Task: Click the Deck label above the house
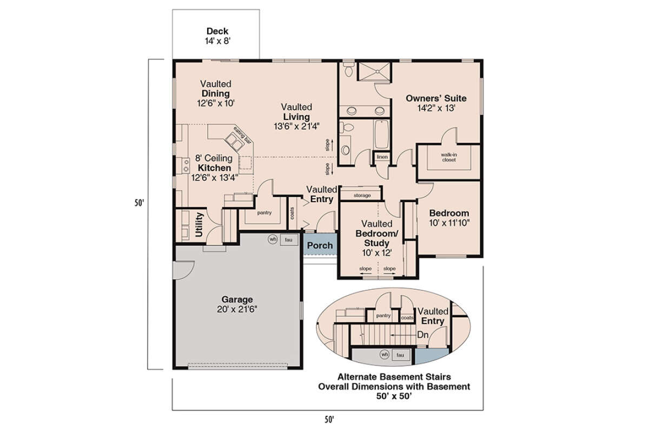pyautogui.click(x=217, y=31)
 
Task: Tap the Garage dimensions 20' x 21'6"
pyautogui.click(x=237, y=309)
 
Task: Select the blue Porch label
pyautogui.click(x=320, y=245)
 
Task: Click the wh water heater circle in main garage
pyautogui.click(x=273, y=240)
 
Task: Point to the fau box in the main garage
pyautogui.click(x=289, y=240)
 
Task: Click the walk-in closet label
pyautogui.click(x=449, y=157)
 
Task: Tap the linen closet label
pyautogui.click(x=382, y=157)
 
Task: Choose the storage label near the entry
pyautogui.click(x=362, y=196)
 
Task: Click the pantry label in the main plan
pyautogui.click(x=264, y=212)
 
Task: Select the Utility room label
pyautogui.click(x=199, y=224)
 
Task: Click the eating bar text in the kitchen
pyautogui.click(x=242, y=135)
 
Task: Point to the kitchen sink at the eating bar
pyautogui.click(x=234, y=142)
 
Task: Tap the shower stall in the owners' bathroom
pyautogui.click(x=374, y=71)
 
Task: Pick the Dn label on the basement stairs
pyautogui.click(x=422, y=335)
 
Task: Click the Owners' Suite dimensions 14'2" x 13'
pyautogui.click(x=436, y=108)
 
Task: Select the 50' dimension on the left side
pyautogui.click(x=139, y=203)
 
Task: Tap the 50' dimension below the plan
pyautogui.click(x=329, y=419)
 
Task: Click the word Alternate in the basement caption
pyautogui.click(x=357, y=377)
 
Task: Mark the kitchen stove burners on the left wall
pyautogui.click(x=186, y=166)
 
